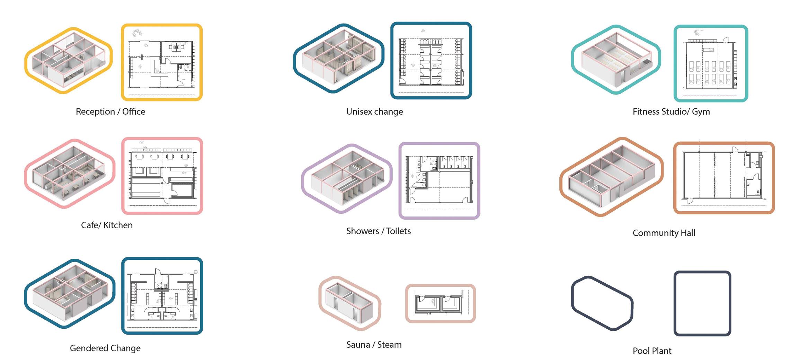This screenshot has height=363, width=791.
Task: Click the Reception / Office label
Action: (110, 112)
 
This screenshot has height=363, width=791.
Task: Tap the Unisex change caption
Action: (374, 112)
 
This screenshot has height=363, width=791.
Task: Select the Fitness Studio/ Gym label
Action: (671, 112)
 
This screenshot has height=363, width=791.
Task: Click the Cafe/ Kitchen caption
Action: (107, 225)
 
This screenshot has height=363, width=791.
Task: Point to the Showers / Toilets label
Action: (379, 231)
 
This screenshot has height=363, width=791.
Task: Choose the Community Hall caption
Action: (664, 233)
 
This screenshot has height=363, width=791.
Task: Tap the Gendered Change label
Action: (105, 348)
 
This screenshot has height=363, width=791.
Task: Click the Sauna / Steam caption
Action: (374, 345)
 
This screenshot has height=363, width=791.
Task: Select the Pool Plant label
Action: (652, 351)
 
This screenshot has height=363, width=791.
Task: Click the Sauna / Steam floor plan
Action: (441, 304)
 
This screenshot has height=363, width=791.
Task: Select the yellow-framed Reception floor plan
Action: (162, 62)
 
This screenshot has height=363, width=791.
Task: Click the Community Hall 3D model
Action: (612, 177)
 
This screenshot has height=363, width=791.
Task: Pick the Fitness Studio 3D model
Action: (616, 60)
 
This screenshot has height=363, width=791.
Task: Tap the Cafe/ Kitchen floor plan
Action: (162, 176)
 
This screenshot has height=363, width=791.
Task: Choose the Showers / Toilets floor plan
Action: (439, 181)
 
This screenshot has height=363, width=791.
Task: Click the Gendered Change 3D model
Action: (70, 294)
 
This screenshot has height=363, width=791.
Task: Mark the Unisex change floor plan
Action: (431, 61)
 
